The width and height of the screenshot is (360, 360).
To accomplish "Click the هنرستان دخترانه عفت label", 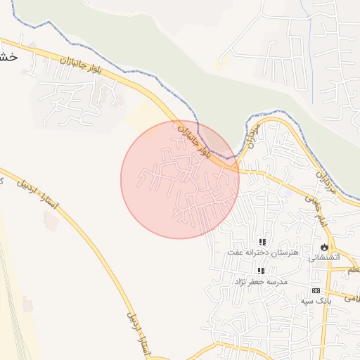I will pos(263,252).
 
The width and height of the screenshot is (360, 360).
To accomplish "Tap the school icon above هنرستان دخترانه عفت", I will pos(262,242).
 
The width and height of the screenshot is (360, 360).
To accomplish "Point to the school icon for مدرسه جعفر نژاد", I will pos(261,271).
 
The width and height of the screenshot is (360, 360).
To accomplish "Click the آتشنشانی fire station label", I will pos(324,257).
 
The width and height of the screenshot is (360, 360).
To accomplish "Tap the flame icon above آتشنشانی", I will pos(323,247).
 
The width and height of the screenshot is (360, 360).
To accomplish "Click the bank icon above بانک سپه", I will pos(316,290).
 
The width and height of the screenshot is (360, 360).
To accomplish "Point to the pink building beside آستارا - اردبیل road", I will pos(51,220).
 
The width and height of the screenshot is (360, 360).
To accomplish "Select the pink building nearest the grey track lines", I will pos(27,304).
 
